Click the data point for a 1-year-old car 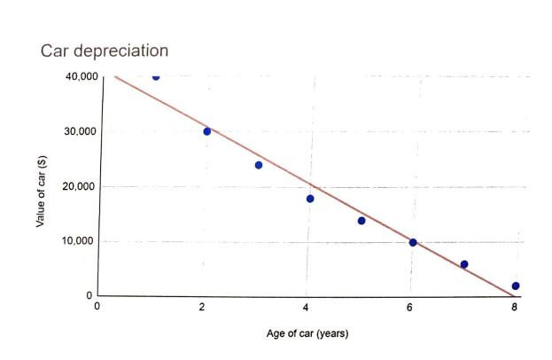156,76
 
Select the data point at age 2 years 207,131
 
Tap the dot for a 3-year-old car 259,165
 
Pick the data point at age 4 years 310,199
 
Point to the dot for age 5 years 362,221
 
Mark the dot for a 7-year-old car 464,264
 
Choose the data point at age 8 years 516,286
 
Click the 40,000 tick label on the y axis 82,77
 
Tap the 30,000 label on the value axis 82,132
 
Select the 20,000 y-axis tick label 82,187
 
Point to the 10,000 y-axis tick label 82,242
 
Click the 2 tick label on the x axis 203,308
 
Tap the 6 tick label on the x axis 409,308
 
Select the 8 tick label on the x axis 514,308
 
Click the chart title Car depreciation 105,51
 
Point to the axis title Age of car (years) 307,334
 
